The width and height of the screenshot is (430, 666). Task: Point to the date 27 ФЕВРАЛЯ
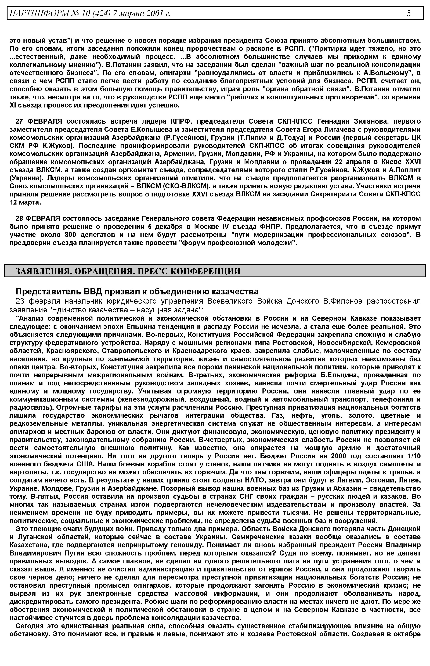39,121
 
